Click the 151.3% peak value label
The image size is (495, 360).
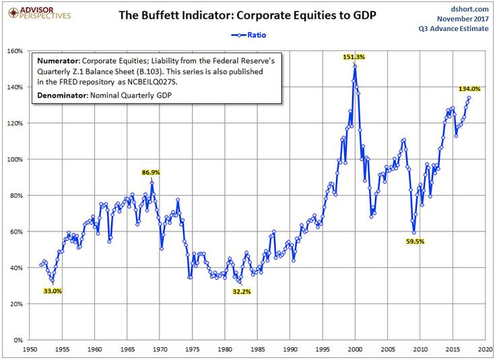coord(354,57)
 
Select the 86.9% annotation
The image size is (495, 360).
coord(152,173)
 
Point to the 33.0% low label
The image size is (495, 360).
coord(52,291)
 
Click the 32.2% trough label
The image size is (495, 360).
coord(241,291)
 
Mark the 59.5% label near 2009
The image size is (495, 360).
coord(414,241)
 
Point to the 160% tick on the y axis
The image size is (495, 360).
coord(15,51)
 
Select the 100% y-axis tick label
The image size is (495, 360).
coord(15,159)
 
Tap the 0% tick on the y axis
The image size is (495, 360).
coord(18,340)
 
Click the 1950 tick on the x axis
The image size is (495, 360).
coord(30,350)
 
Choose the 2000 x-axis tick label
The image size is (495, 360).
coord(356,350)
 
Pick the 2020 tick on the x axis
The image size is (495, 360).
coord(486,350)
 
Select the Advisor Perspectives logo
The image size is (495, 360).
coord(36,11)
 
